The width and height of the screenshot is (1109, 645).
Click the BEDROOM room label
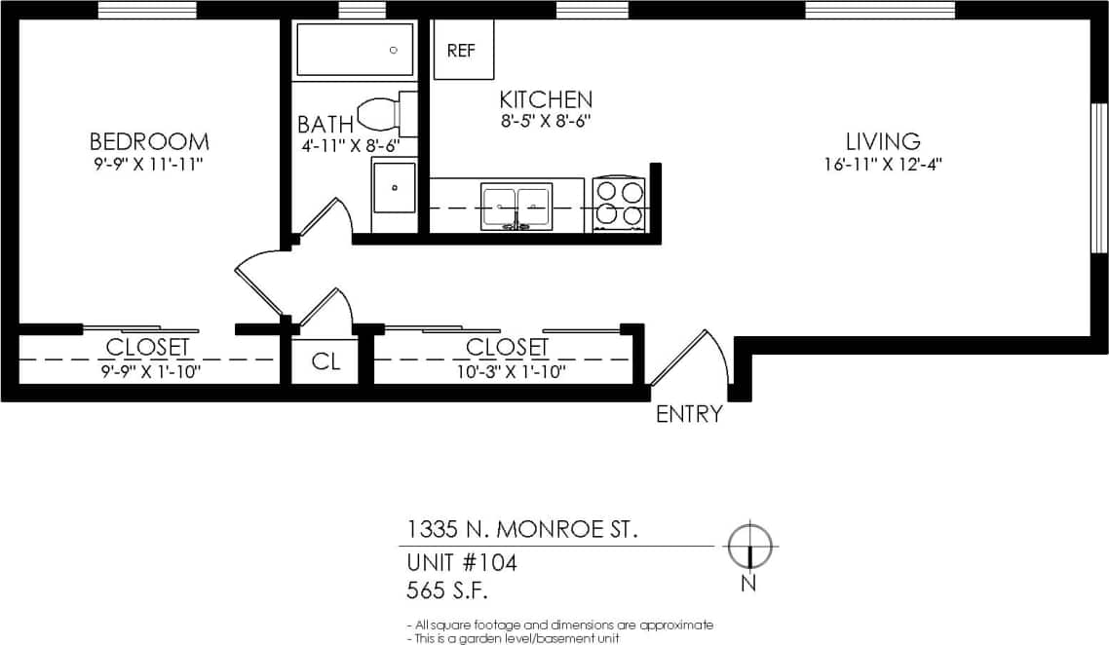[149, 141]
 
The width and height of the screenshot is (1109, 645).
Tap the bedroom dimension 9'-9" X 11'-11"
[149, 164]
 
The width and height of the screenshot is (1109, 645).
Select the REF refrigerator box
[462, 51]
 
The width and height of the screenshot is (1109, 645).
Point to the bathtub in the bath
[355, 50]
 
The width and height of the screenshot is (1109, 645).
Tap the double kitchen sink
[516, 207]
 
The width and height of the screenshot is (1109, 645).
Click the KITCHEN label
[546, 99]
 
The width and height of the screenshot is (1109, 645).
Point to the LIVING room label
[883, 141]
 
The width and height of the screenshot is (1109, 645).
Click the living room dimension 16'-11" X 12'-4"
[883, 164]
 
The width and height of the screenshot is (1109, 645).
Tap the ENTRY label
[689, 414]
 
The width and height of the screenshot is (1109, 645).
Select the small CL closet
[325, 361]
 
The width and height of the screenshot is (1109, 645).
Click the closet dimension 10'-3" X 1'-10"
[507, 370]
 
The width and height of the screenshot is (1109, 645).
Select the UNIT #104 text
[461, 562]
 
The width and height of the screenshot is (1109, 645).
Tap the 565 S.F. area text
[446, 590]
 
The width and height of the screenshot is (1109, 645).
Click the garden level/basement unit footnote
[512, 638]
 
